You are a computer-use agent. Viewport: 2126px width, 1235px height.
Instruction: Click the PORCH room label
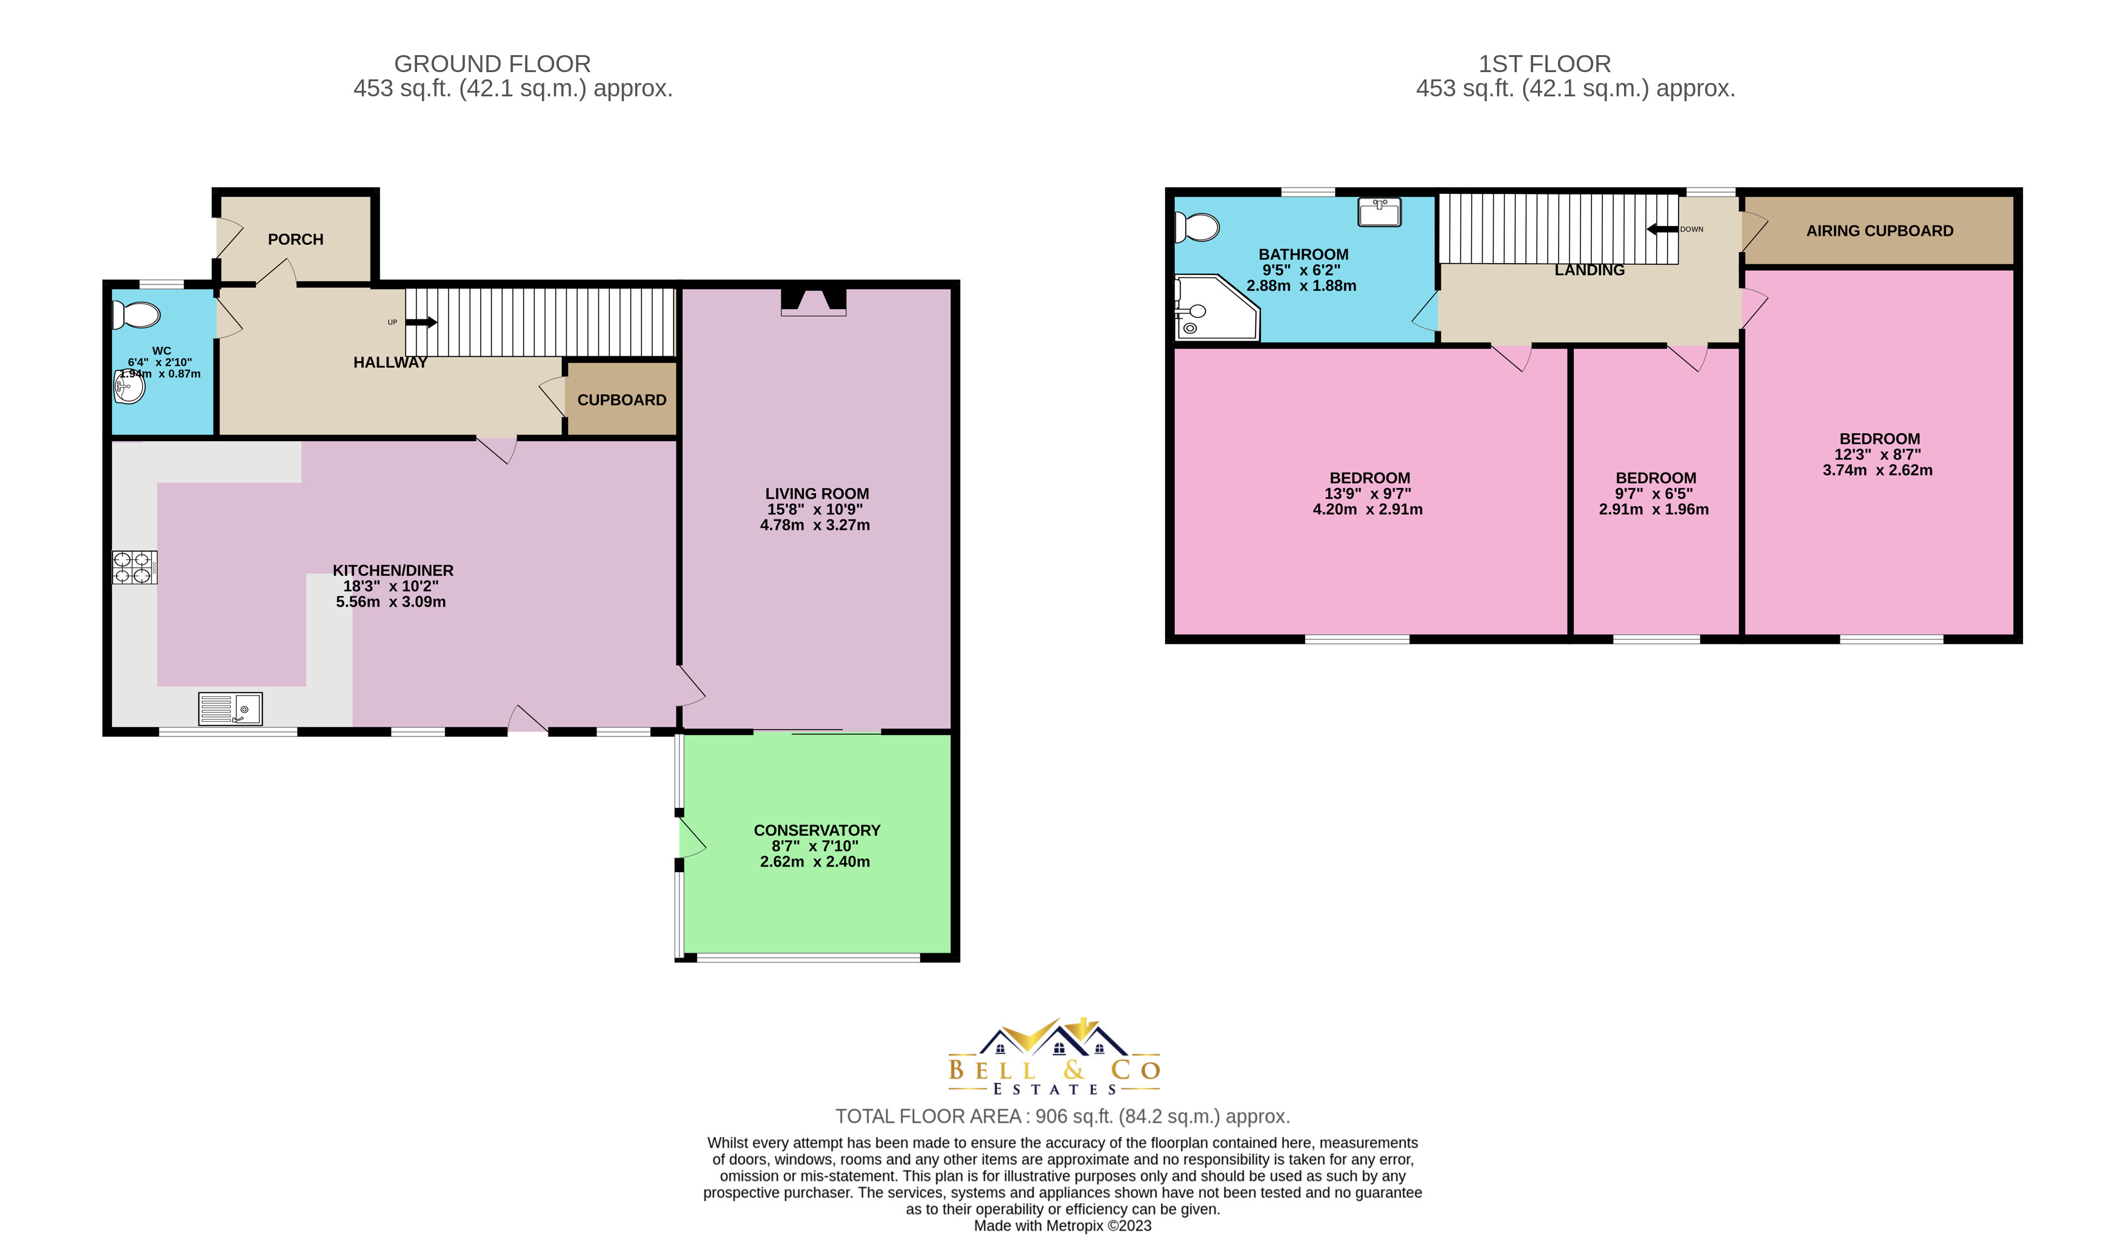point(295,239)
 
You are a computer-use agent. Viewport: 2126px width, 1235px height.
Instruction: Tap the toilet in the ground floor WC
point(136,316)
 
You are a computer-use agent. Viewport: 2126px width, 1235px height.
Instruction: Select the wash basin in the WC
point(129,387)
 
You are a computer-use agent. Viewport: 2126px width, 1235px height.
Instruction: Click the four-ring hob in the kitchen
point(134,567)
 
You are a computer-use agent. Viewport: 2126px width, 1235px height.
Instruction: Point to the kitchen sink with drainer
point(230,708)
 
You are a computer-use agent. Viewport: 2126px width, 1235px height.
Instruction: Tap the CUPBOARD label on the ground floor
point(622,400)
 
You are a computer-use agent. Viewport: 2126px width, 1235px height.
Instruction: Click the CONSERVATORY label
point(817,830)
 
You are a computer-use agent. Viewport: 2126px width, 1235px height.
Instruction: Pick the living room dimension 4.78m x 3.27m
point(815,525)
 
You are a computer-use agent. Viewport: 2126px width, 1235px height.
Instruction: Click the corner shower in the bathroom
point(1213,309)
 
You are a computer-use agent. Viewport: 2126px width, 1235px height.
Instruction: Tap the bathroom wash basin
point(1379,211)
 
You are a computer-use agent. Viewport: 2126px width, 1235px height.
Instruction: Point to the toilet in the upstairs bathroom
point(1198,227)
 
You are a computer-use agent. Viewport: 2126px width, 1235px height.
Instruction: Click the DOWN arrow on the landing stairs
point(1662,228)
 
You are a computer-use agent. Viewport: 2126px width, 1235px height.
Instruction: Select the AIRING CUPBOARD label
point(1880,231)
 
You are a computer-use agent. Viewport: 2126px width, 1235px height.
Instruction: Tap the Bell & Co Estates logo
point(1055,1057)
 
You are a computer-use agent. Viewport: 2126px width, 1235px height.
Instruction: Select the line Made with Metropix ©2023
point(1062,1226)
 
